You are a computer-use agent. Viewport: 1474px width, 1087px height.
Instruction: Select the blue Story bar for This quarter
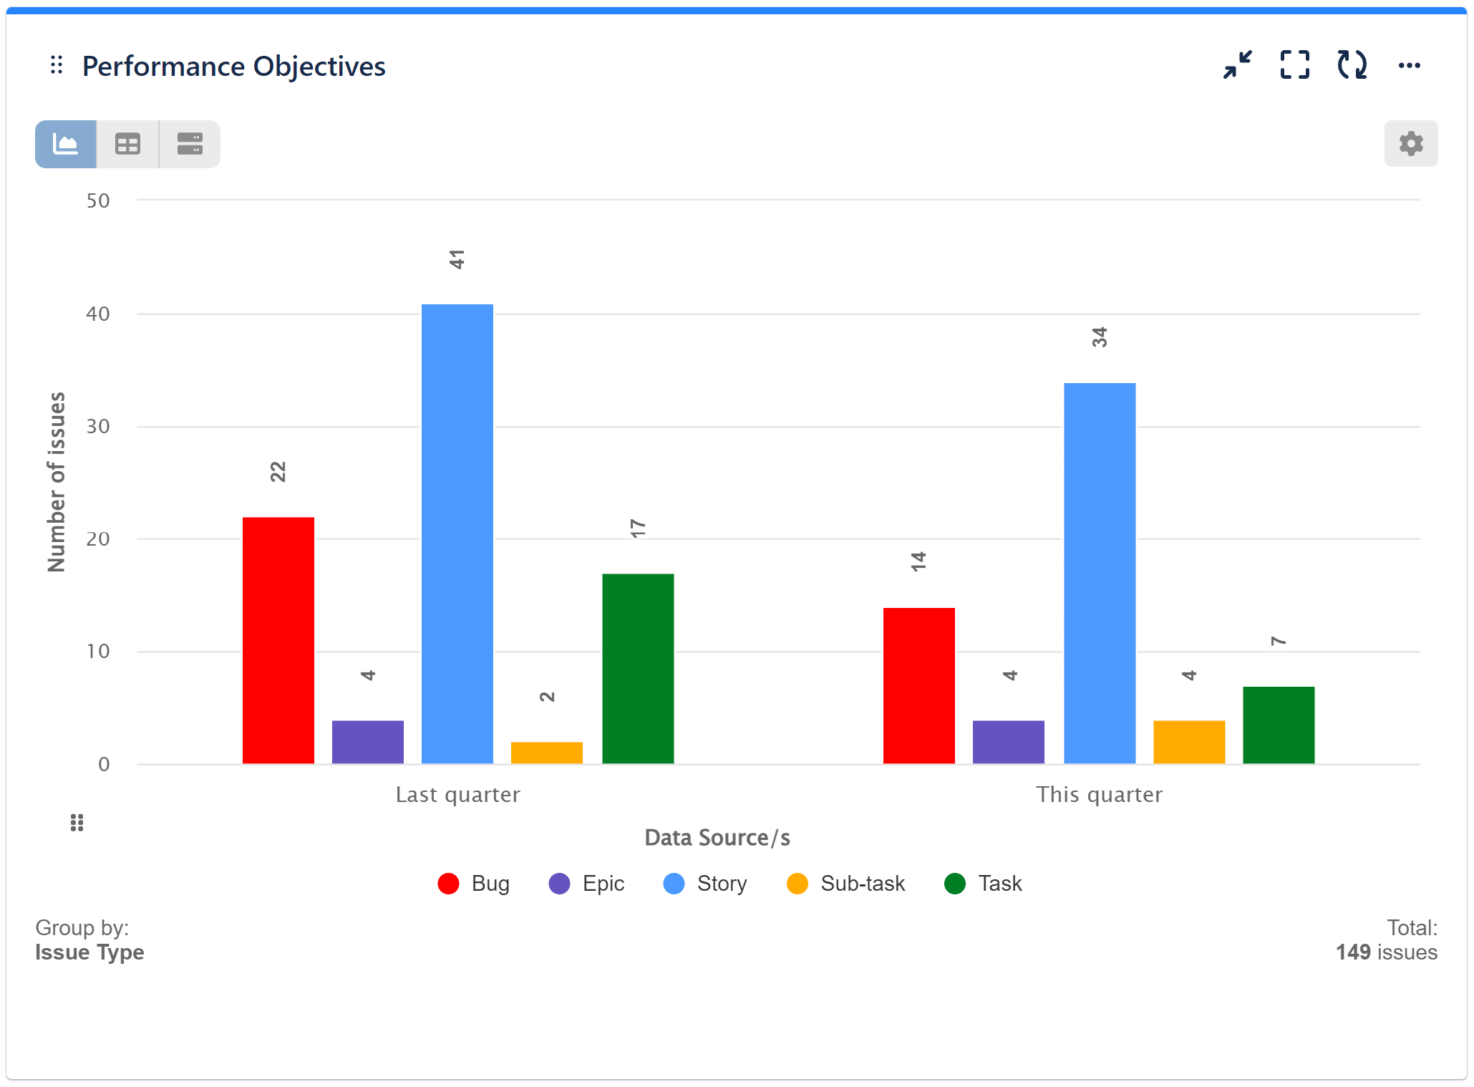pos(1099,573)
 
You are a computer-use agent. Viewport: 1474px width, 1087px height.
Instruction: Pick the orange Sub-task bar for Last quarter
pos(546,753)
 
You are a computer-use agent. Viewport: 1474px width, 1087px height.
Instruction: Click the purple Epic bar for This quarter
pos(1008,742)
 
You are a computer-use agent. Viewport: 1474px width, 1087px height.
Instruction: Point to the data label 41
pos(457,259)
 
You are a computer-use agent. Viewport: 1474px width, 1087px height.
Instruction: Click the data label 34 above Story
pos(1099,337)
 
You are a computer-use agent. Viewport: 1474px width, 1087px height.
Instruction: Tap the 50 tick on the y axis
pos(98,201)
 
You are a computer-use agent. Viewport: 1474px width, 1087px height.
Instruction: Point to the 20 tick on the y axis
pos(98,539)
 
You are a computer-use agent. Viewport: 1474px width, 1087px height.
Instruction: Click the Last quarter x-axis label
pos(457,795)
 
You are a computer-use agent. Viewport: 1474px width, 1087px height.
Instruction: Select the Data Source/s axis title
pos(717,838)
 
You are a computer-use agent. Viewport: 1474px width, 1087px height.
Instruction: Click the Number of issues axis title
pos(57,482)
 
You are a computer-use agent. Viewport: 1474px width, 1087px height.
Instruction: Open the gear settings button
pos(1410,144)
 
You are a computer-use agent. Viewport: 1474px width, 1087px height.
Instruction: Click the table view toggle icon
pos(127,145)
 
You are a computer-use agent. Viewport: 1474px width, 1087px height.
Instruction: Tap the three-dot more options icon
pos(1409,66)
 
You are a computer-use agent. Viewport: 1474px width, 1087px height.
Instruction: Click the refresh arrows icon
pos(1352,65)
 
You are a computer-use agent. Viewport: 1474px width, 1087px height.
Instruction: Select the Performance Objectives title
pos(233,67)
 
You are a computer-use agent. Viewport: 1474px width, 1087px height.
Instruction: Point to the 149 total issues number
pos(1352,952)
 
